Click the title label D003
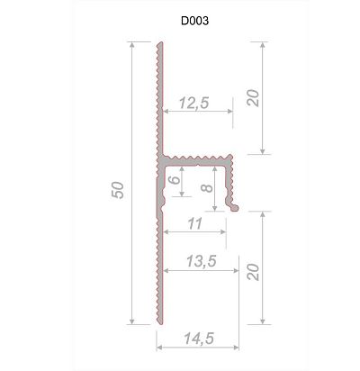[194, 21]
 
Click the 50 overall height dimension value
[118, 190]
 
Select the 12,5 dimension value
[194, 103]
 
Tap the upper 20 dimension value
[253, 98]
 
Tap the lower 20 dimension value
[253, 272]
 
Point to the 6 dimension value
[175, 180]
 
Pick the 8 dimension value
[207, 188]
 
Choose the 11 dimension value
[195, 224]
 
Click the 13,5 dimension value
[202, 261]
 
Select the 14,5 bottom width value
[199, 339]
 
